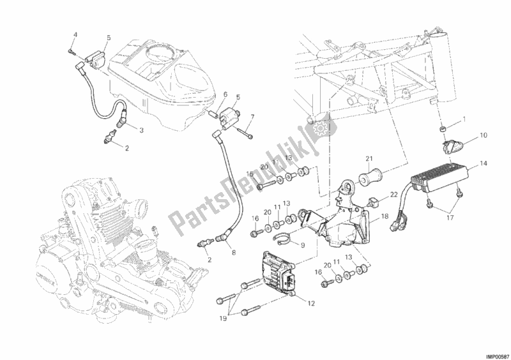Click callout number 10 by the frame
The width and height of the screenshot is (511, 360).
click(x=482, y=135)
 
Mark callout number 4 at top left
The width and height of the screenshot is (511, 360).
click(x=75, y=34)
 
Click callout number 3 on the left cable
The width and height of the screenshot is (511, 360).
click(x=142, y=130)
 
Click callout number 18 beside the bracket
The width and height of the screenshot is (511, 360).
click(x=385, y=216)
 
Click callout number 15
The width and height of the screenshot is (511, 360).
click(x=250, y=174)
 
